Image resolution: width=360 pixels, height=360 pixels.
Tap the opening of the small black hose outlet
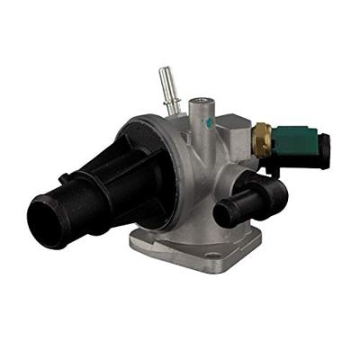click(225, 212)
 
